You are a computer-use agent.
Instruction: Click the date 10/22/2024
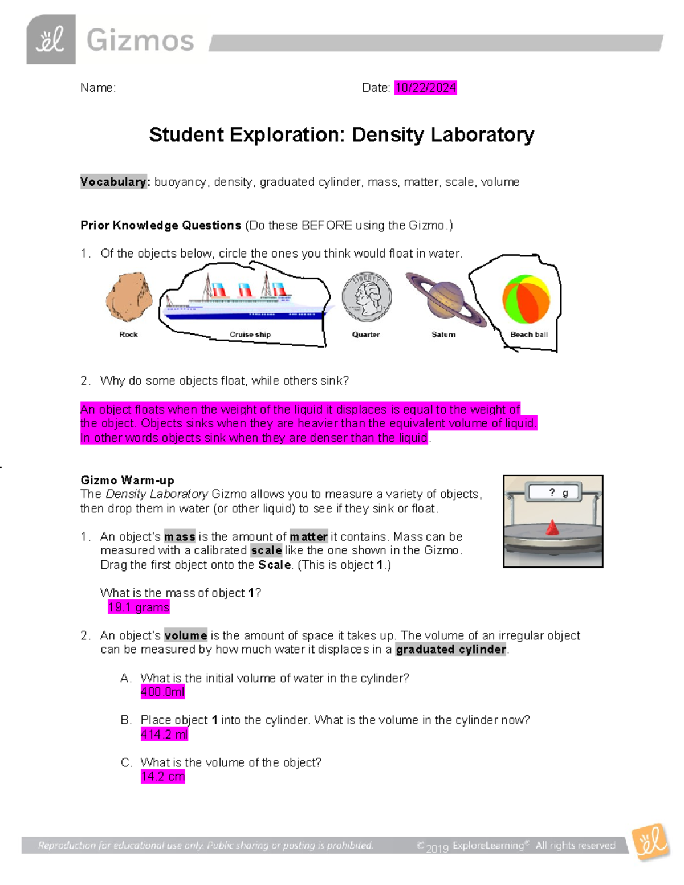[425, 88]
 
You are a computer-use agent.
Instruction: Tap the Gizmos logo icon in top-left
[51, 40]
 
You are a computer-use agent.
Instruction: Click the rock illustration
[129, 297]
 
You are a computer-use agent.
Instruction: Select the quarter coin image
[367, 297]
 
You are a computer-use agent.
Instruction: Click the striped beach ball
[526, 299]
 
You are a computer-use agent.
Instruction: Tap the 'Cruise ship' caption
[250, 335]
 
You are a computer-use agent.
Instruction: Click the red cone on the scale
[552, 528]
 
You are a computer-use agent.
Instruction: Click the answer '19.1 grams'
[139, 607]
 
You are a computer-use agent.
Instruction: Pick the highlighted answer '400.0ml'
[162, 692]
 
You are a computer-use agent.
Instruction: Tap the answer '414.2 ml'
[164, 735]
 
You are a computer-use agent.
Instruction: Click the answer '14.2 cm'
[162, 777]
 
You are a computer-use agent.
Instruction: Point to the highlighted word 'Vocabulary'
[113, 182]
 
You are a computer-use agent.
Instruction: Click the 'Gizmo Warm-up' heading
[127, 480]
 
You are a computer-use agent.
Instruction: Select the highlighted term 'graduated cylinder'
[451, 650]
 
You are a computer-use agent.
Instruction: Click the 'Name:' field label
[97, 88]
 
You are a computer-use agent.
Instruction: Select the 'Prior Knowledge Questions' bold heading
[161, 225]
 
